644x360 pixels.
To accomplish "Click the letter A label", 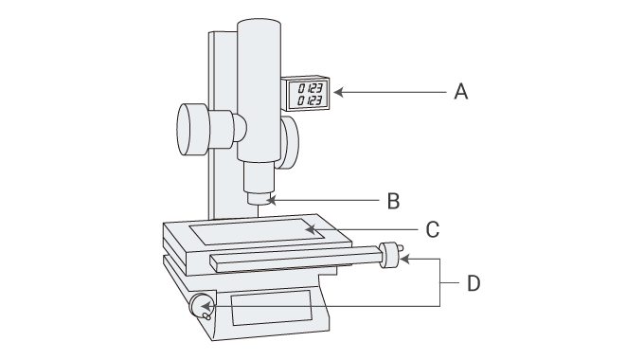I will tap(461, 92).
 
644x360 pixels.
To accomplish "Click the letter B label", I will tap(393, 201).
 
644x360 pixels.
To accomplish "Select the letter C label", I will tap(432, 228).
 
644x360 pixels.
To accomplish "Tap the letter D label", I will tap(474, 282).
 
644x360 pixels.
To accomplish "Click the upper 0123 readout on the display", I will tap(309, 87).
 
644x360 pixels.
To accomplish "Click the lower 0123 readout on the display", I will tap(309, 99).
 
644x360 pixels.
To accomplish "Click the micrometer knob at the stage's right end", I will tap(389, 256).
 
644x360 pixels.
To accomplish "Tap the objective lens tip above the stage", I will tap(258, 198).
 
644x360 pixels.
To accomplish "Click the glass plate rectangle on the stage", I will tap(257, 229).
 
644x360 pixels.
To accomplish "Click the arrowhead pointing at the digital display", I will tap(336, 92).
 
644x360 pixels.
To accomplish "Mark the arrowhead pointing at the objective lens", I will tap(272, 201).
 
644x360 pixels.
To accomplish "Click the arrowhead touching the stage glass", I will tap(310, 228).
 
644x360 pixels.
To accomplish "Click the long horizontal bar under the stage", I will tap(294, 259).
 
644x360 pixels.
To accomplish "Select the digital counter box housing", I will tap(307, 93).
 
